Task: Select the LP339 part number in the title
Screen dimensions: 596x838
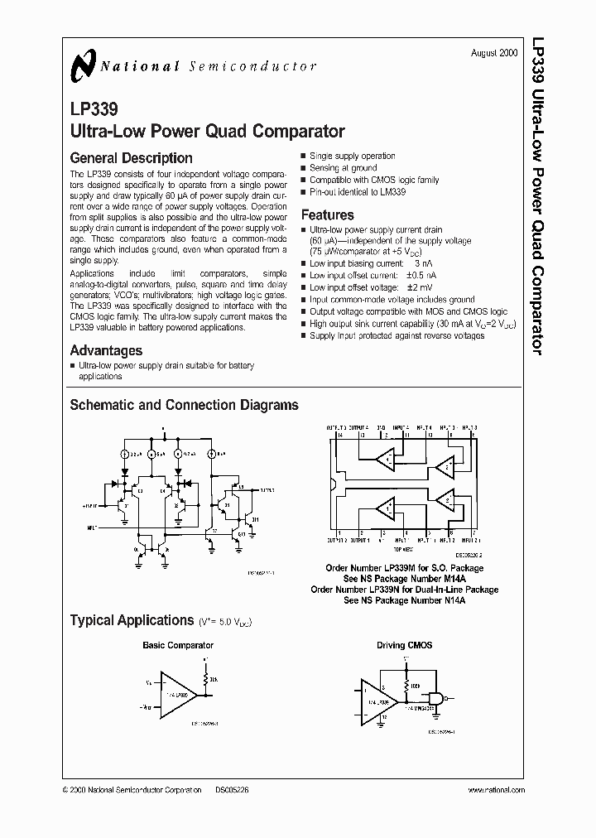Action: point(94,109)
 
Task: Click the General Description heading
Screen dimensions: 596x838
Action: point(131,158)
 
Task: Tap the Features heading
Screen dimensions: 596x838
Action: point(328,215)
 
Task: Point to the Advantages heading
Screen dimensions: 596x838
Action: point(106,350)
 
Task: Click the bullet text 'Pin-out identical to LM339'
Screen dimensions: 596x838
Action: point(363,192)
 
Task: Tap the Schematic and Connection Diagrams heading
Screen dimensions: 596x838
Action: point(184,406)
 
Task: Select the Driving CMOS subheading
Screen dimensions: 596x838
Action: point(406,645)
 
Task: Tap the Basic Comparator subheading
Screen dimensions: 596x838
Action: point(178,645)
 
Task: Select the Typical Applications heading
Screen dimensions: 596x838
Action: point(132,620)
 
